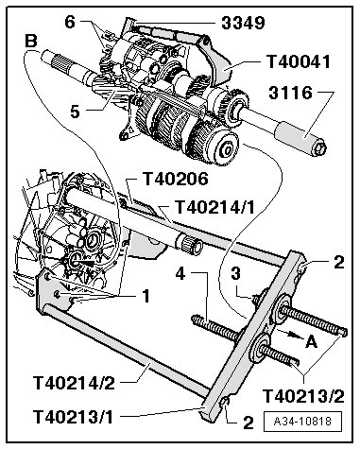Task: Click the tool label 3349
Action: pyautogui.click(x=243, y=23)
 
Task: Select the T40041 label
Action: pyautogui.click(x=299, y=61)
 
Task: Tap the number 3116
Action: pyautogui.click(x=291, y=94)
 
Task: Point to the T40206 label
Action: pyautogui.click(x=176, y=179)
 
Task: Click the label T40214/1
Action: pyautogui.click(x=214, y=207)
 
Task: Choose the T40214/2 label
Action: pyautogui.click(x=74, y=383)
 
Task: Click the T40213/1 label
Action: pyautogui.click(x=73, y=417)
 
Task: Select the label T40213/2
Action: pyautogui.click(x=303, y=396)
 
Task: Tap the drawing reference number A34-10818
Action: pyautogui.click(x=302, y=422)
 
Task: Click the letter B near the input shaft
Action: pyautogui.click(x=31, y=41)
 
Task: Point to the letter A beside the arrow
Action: pyautogui.click(x=311, y=341)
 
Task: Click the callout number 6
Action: pyautogui.click(x=70, y=23)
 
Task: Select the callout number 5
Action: pyautogui.click(x=75, y=112)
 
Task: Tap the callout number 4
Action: pyautogui.click(x=180, y=273)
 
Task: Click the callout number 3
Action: pyautogui.click(x=236, y=273)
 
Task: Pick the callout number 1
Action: pyautogui.click(x=146, y=296)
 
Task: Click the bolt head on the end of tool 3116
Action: pyautogui.click(x=320, y=149)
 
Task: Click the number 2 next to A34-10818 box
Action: pyautogui.click(x=249, y=423)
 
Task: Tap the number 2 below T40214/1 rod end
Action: pyautogui.click(x=339, y=262)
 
